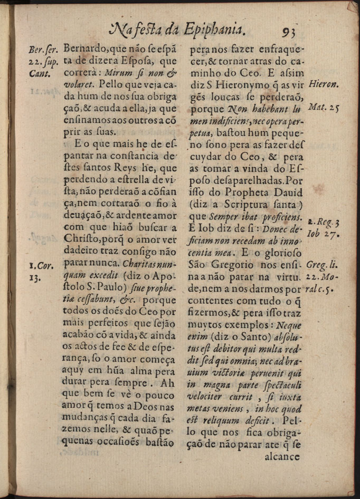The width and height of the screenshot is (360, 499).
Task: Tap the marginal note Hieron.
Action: click(x=324, y=84)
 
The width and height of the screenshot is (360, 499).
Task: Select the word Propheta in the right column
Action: click(x=242, y=193)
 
